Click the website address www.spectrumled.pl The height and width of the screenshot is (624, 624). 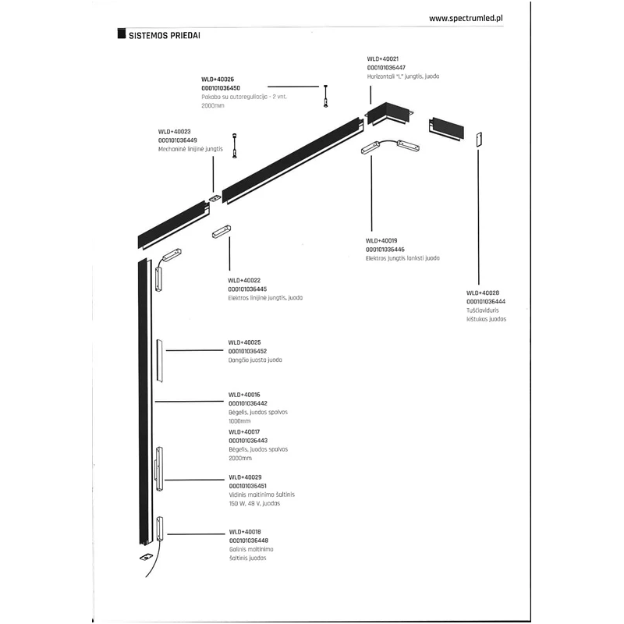[x=465, y=16]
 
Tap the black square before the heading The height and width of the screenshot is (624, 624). [x=120, y=35]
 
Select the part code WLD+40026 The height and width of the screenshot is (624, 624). [x=218, y=80]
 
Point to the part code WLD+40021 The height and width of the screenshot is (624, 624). [x=383, y=58]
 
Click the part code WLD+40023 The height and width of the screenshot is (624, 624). [x=174, y=132]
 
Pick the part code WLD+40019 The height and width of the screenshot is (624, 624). [x=382, y=240]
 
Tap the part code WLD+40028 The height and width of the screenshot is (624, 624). [x=483, y=292]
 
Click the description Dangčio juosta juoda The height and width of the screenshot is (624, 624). [x=255, y=360]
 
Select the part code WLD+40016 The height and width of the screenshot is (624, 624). [x=244, y=395]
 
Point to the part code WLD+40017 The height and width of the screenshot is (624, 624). [x=244, y=431]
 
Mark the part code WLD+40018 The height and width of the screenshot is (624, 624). [x=244, y=531]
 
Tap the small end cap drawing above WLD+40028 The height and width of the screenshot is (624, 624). [x=479, y=136]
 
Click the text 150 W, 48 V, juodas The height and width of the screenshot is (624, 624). [x=254, y=504]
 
